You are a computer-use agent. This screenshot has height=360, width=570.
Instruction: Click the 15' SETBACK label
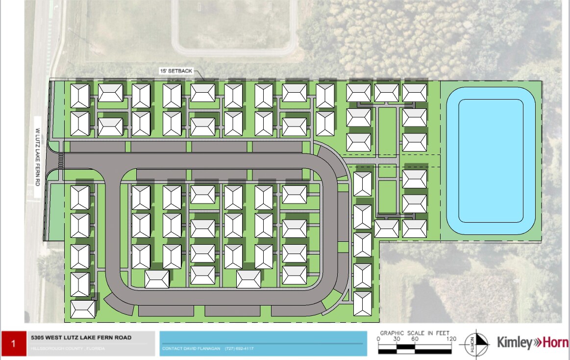tap(175, 71)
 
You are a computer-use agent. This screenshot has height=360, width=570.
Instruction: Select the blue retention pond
tap(490, 161)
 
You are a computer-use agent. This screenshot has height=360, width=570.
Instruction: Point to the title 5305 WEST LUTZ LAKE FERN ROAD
tap(81, 337)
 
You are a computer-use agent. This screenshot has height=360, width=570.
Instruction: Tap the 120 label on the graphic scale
tap(451, 339)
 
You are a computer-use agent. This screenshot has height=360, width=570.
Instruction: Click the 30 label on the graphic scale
tap(396, 339)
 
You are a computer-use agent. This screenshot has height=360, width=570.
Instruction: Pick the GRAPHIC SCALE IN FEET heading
tap(415, 333)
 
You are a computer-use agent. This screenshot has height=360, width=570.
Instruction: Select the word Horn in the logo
tap(554, 342)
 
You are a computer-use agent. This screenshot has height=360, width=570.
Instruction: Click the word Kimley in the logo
tap(514, 342)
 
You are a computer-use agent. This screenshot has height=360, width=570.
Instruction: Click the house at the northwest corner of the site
tap(80, 96)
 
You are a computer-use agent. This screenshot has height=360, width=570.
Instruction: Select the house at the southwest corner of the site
tap(83, 309)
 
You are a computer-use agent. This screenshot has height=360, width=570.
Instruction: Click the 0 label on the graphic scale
tap(378, 339)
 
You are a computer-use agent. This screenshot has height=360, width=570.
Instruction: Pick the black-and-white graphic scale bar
tap(415, 349)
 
